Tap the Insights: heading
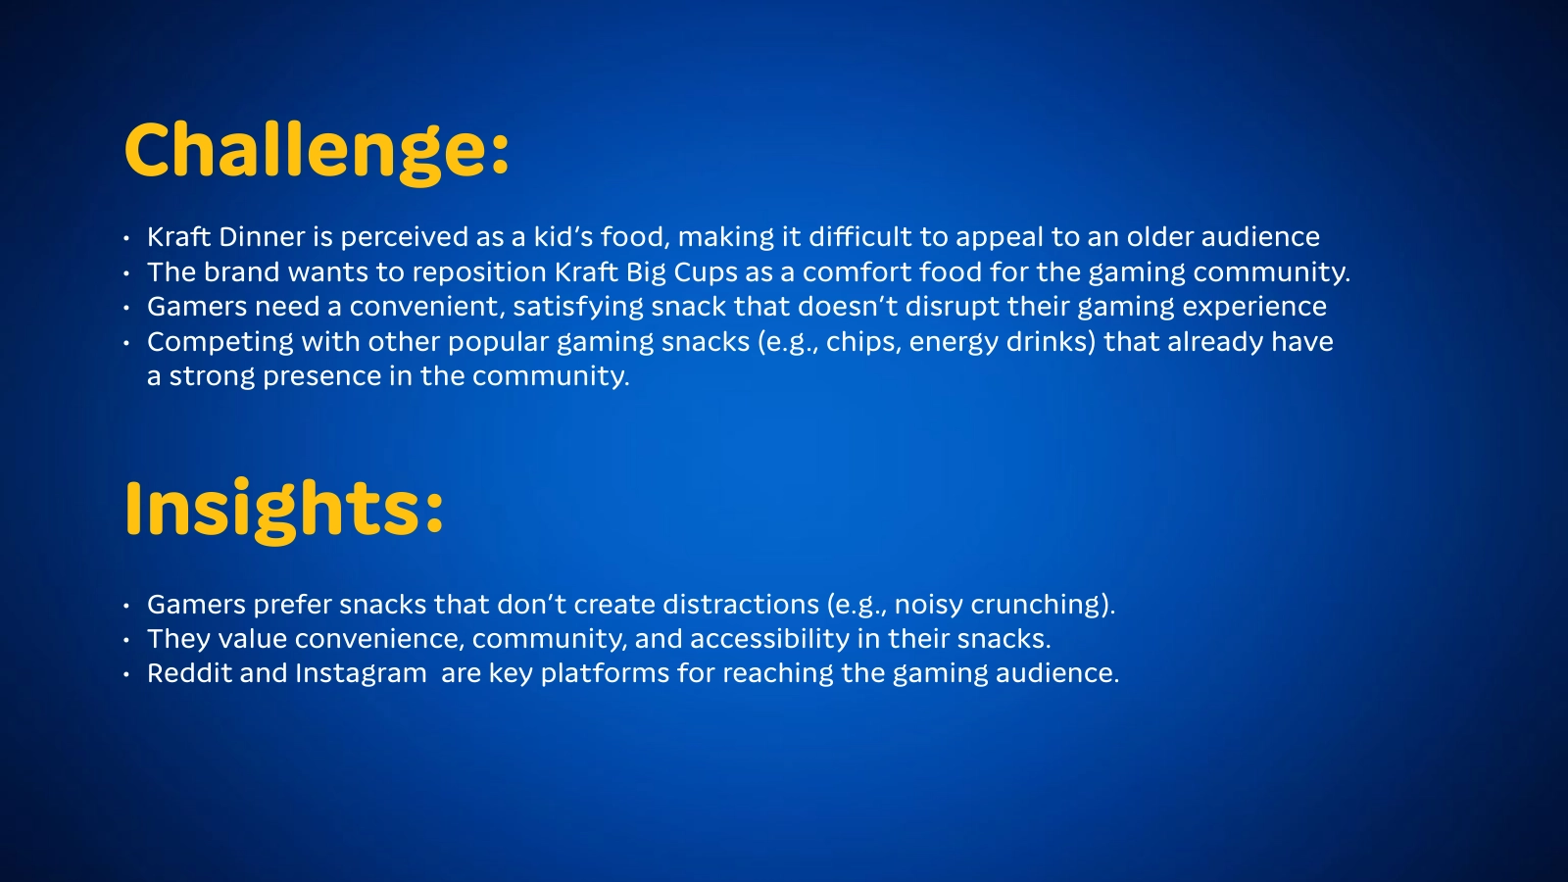tap(284, 510)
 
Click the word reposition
tap(479, 271)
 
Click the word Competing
tap(220, 342)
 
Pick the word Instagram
tap(361, 673)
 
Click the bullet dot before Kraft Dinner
tap(126, 239)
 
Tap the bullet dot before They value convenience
tap(126, 640)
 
